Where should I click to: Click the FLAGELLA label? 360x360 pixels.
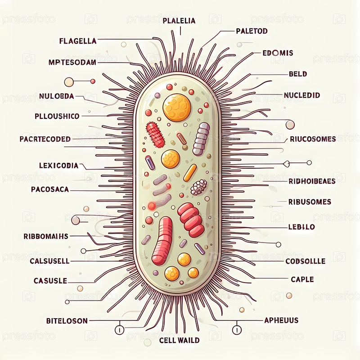(x=78, y=41)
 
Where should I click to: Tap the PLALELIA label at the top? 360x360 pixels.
(x=179, y=21)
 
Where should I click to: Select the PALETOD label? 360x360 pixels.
(x=252, y=31)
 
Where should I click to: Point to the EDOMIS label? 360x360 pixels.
(x=278, y=53)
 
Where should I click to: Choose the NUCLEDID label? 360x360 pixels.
(x=302, y=95)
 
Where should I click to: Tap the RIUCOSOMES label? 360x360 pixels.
(x=313, y=139)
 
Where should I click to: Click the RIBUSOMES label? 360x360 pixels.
(x=310, y=202)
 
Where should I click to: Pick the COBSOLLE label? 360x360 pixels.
(x=306, y=261)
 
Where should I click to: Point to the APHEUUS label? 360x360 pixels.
(x=281, y=320)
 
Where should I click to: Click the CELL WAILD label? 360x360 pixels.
(x=179, y=340)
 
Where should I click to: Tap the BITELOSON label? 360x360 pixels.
(x=67, y=321)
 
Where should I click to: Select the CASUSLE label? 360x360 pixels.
(x=50, y=280)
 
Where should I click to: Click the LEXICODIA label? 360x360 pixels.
(x=59, y=166)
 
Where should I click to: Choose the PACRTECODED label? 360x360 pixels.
(x=45, y=139)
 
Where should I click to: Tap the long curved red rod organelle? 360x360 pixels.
(x=162, y=240)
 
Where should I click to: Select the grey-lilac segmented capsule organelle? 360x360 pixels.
(x=201, y=139)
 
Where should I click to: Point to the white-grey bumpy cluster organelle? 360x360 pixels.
(x=198, y=187)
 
